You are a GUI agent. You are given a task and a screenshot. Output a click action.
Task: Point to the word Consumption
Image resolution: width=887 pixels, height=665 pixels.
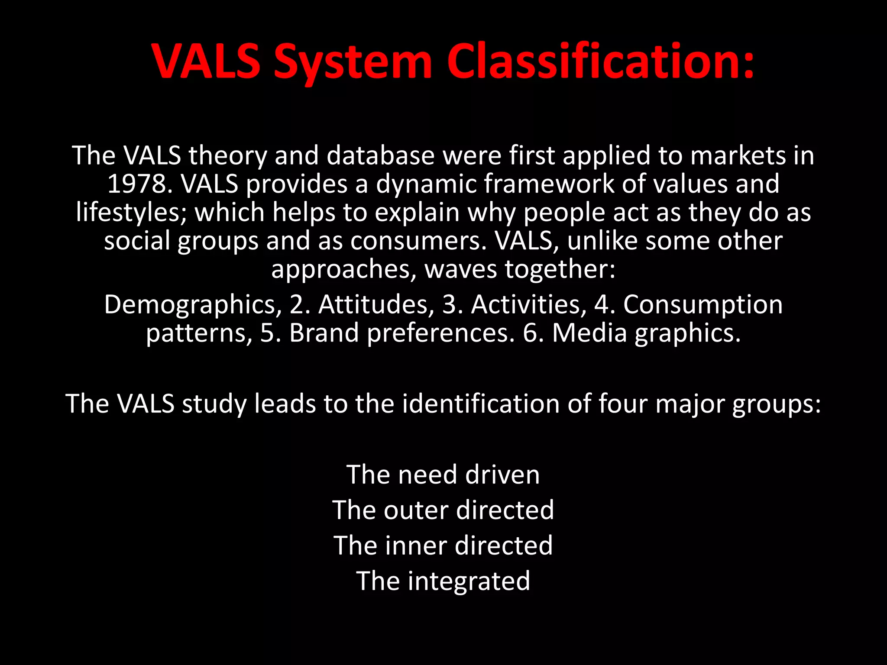[x=702, y=304]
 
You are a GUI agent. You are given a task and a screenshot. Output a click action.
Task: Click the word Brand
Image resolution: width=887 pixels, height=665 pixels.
[x=324, y=333]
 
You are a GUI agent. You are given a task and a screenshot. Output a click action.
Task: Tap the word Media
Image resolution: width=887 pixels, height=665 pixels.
[x=589, y=333]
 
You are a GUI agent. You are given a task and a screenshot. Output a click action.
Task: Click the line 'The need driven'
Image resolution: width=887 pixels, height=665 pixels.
[x=443, y=475]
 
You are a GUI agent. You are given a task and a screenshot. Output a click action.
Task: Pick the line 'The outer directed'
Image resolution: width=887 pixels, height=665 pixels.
[x=443, y=510]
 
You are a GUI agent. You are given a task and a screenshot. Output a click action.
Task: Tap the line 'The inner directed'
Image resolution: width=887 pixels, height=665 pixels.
[x=443, y=545]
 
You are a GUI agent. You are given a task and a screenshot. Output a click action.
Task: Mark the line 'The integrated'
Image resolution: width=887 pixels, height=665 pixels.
[x=443, y=581]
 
